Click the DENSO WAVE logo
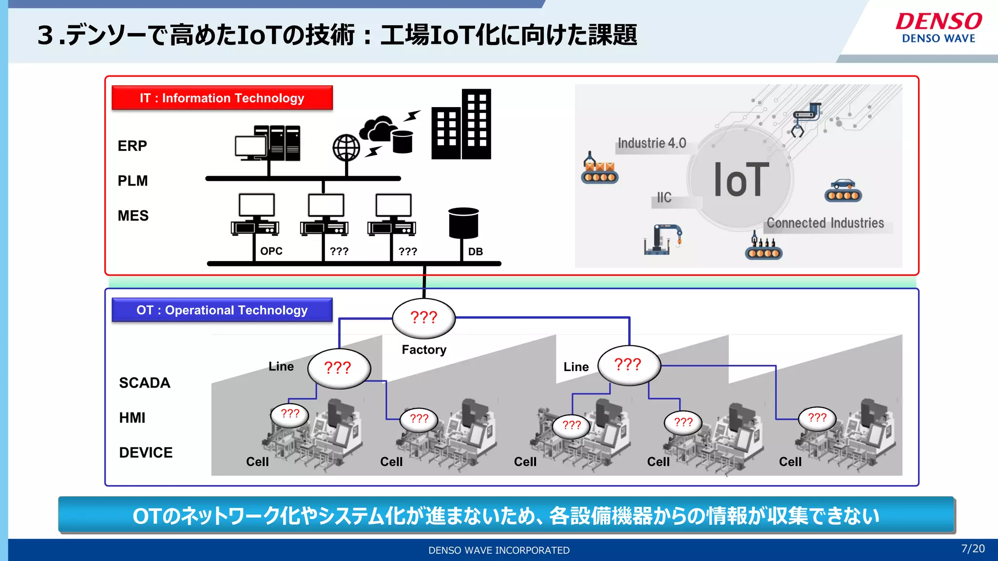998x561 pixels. (x=939, y=28)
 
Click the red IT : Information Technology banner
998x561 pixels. (x=222, y=98)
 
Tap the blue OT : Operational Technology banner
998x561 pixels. (x=222, y=310)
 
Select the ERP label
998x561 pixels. (x=132, y=146)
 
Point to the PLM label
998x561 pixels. (x=133, y=181)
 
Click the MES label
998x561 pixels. (x=133, y=216)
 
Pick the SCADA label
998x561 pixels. (x=145, y=383)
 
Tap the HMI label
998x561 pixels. (x=132, y=418)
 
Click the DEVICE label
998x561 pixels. (x=146, y=452)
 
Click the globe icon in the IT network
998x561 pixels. (x=346, y=148)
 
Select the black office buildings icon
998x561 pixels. (x=461, y=125)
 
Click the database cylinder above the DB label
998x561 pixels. (x=463, y=224)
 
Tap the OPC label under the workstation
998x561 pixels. (x=271, y=251)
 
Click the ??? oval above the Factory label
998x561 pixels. (x=424, y=318)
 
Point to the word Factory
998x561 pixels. (x=424, y=350)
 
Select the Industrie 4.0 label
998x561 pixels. (x=652, y=143)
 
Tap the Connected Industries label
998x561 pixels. (x=825, y=223)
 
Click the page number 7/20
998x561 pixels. (x=973, y=549)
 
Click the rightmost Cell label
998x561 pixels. (x=790, y=462)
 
